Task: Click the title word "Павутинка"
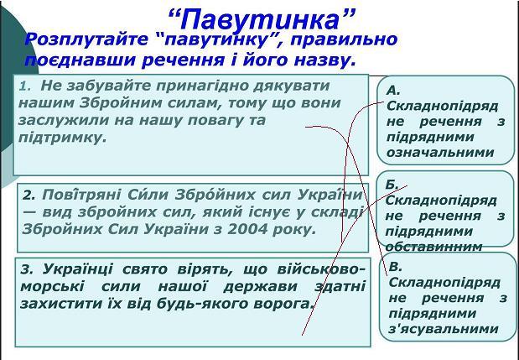tap(262, 19)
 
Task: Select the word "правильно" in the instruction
tap(345, 39)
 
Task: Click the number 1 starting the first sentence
tap(23, 86)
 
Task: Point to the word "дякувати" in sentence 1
tap(291, 86)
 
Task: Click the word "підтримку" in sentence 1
tap(63, 138)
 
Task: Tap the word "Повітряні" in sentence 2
tap(81, 195)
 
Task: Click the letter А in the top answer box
tap(393, 90)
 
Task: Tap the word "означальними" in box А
tap(440, 153)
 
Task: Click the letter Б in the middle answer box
tap(392, 185)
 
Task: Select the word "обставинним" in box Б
tap(434, 247)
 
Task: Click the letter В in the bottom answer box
tap(395, 267)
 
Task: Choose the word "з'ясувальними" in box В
tap(444, 329)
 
